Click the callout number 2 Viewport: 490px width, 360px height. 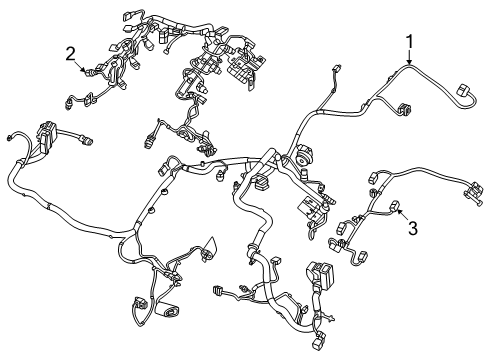[71, 52]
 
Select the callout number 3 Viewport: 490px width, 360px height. [411, 227]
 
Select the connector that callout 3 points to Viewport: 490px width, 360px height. [397, 208]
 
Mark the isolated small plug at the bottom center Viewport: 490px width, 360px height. [220, 291]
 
